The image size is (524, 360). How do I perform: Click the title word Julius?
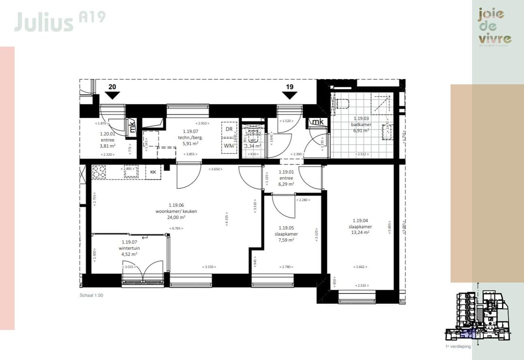(x=44, y=22)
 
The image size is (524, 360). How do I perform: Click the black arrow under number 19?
(x=290, y=96)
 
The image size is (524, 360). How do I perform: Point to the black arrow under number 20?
(x=112, y=96)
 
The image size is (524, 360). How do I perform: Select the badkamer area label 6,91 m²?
(x=361, y=131)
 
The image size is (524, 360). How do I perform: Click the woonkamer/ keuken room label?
(x=176, y=211)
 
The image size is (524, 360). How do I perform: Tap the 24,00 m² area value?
(x=176, y=217)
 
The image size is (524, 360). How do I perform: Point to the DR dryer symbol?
(x=229, y=129)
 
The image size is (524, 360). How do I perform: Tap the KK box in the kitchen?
(x=153, y=172)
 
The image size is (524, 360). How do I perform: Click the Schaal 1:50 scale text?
(x=92, y=295)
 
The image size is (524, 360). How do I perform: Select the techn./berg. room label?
(x=191, y=137)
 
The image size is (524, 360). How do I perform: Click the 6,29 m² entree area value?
(x=287, y=184)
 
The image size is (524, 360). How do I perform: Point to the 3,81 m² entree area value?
(x=107, y=146)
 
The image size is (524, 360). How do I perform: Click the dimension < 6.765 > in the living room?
(x=176, y=229)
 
